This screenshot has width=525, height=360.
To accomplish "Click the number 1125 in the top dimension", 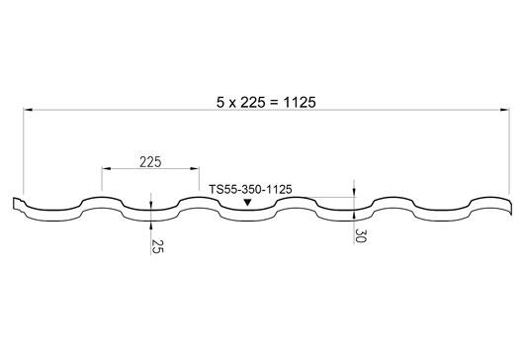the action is click(x=300, y=103).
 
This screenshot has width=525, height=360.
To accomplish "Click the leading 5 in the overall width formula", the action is click(x=219, y=103).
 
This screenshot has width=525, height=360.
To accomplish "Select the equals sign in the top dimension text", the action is click(x=274, y=103).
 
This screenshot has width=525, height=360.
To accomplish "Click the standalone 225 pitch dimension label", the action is click(x=150, y=162).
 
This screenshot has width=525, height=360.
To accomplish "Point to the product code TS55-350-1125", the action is click(x=250, y=190).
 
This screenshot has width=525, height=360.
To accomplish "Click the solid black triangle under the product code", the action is click(x=247, y=203).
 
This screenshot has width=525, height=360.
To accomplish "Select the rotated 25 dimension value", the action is click(x=157, y=246).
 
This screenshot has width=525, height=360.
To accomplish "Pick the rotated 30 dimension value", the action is click(x=361, y=235).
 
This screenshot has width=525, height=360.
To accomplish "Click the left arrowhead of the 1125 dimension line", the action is click(x=28, y=110).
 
